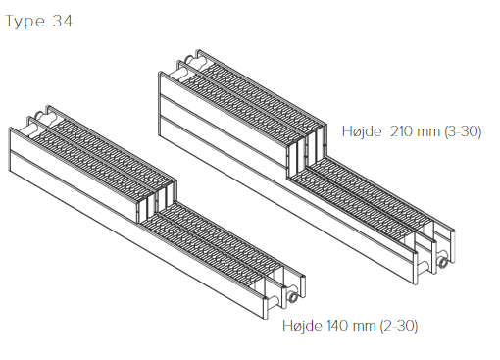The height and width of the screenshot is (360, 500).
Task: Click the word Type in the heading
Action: [25, 22]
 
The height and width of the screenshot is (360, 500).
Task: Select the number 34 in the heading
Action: [62, 21]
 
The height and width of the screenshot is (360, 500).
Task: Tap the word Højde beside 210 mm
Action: [362, 131]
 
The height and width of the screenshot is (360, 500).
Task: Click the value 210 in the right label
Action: [401, 131]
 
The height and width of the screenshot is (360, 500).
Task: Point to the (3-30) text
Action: [463, 131]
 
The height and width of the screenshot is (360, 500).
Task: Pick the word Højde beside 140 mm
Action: [302, 326]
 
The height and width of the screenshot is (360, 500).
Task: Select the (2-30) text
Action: [399, 326]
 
